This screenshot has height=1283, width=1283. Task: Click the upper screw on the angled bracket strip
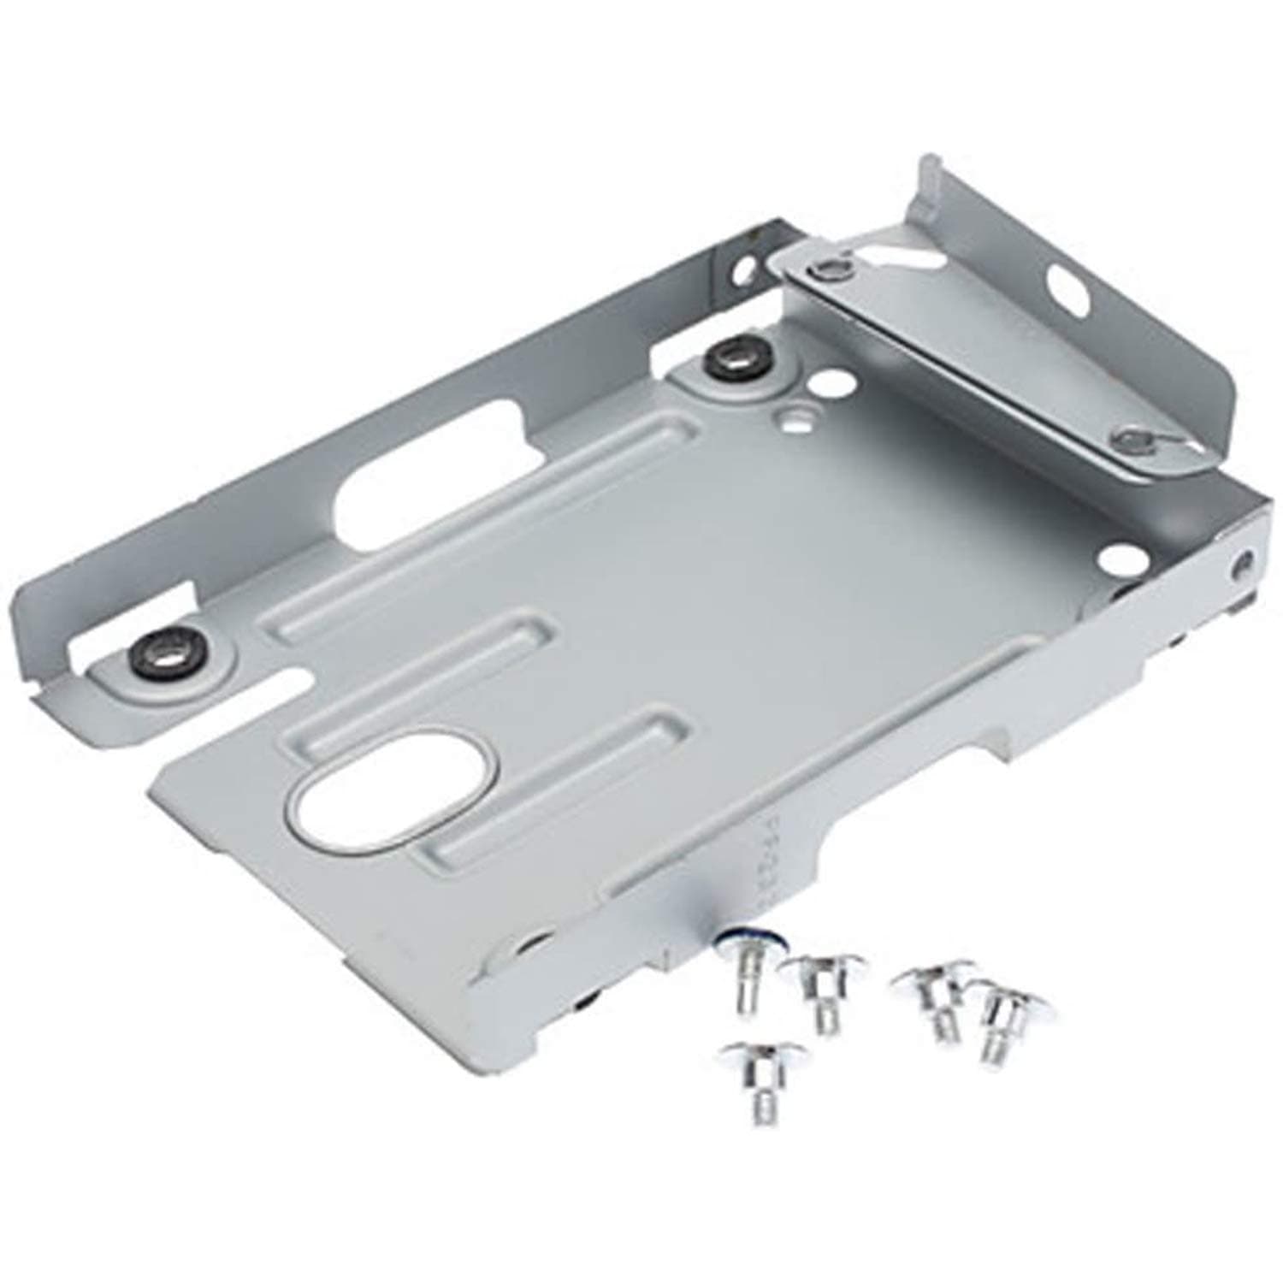click(x=827, y=272)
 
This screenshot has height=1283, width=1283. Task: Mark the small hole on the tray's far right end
click(x=1242, y=565)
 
